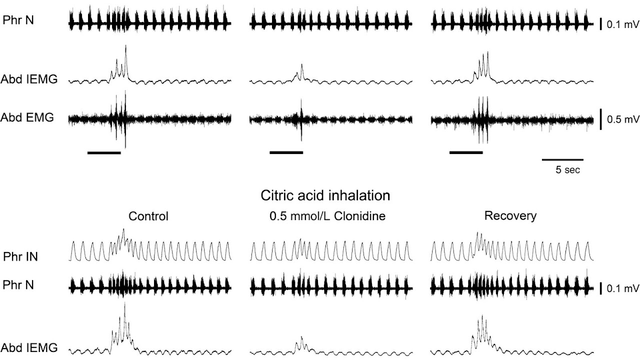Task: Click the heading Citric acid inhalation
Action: (325, 195)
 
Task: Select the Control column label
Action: (148, 216)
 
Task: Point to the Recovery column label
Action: (510, 216)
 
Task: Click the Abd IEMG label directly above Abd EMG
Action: (29, 78)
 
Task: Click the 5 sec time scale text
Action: (567, 170)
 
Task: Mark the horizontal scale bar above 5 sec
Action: (562, 160)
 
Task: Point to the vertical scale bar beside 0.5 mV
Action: (600, 119)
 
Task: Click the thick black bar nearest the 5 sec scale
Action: (466, 151)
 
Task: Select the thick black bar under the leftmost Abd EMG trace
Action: (104, 152)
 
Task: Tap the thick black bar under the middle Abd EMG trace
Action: (286, 151)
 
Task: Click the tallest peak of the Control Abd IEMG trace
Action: (125, 303)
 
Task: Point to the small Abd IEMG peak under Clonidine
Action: (301, 338)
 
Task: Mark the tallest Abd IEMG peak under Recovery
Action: (482, 316)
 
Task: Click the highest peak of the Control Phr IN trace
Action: (123, 229)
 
